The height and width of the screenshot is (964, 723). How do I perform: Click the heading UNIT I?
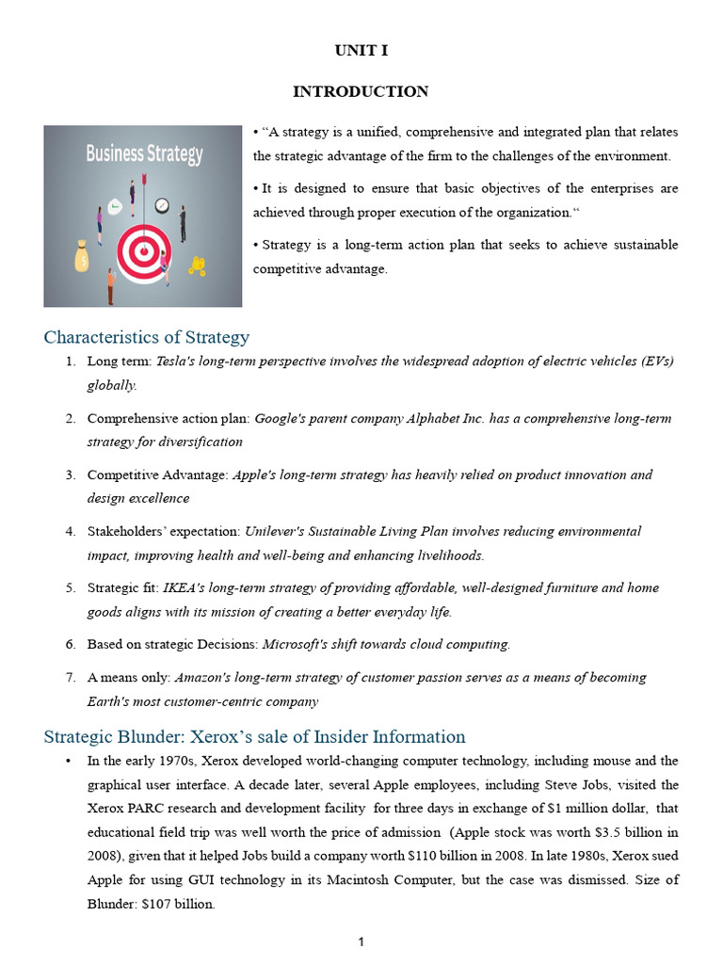[x=361, y=52]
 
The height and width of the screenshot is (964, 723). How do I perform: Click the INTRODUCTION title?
[x=361, y=91]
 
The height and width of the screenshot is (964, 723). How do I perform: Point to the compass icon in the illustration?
[x=161, y=204]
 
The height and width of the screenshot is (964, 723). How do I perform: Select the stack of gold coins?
[x=197, y=266]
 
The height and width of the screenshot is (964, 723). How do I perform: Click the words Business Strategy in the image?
[x=144, y=153]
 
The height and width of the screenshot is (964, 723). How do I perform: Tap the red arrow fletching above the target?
[x=144, y=179]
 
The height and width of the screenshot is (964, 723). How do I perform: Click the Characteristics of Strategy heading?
[x=147, y=337]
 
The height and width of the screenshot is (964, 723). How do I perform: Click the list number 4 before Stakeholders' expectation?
[x=70, y=531]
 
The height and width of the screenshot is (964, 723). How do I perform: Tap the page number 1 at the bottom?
[x=361, y=943]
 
